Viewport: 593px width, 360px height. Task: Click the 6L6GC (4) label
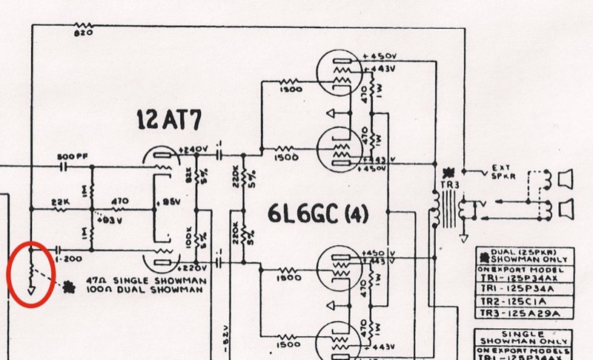click(x=318, y=215)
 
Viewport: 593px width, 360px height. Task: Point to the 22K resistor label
click(x=61, y=201)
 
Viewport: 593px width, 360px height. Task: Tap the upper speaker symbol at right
click(x=564, y=179)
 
